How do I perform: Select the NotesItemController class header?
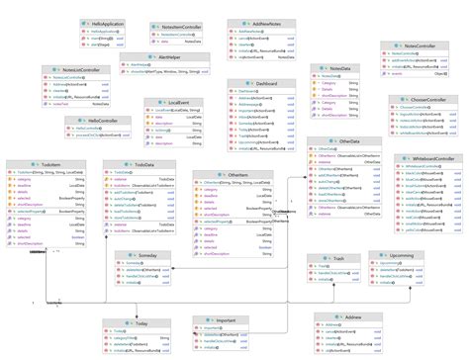[182, 24]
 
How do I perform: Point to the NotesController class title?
[423, 46]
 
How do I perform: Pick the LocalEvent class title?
[180, 102]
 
